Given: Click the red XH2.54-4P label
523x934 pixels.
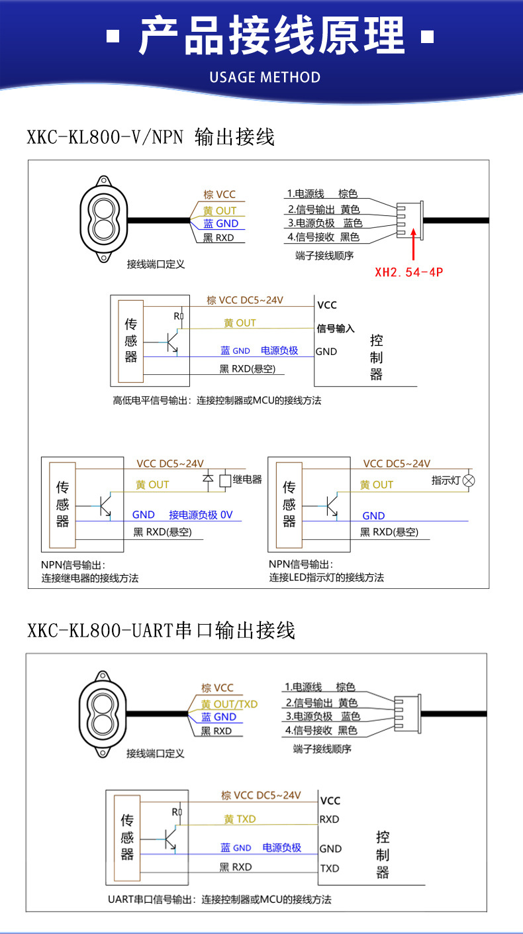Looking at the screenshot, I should click(408, 272).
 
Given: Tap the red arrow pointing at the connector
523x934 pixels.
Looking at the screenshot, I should click(414, 244).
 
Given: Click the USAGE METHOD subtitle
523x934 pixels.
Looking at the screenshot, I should click(265, 77).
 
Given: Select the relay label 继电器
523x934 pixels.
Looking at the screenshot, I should click(248, 480).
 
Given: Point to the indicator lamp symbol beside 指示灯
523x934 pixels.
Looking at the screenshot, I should click(469, 480).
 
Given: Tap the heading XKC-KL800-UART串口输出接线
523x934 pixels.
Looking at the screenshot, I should click(161, 629).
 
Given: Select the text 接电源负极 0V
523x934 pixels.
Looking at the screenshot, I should click(201, 515).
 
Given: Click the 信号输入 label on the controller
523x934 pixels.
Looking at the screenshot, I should click(336, 329).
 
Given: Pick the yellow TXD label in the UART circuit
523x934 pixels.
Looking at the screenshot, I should click(240, 819).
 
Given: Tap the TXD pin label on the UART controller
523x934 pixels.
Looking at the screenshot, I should click(330, 868).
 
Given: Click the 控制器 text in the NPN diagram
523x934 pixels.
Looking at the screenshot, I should click(376, 358).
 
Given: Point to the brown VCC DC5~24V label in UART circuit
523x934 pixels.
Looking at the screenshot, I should click(261, 795).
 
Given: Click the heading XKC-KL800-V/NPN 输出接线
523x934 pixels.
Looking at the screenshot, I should click(150, 137).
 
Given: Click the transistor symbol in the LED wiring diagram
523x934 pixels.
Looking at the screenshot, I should click(330, 505).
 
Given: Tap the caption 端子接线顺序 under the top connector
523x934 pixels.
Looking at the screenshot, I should click(324, 256).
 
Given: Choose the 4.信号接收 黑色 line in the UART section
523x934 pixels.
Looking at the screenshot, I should click(320, 731).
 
